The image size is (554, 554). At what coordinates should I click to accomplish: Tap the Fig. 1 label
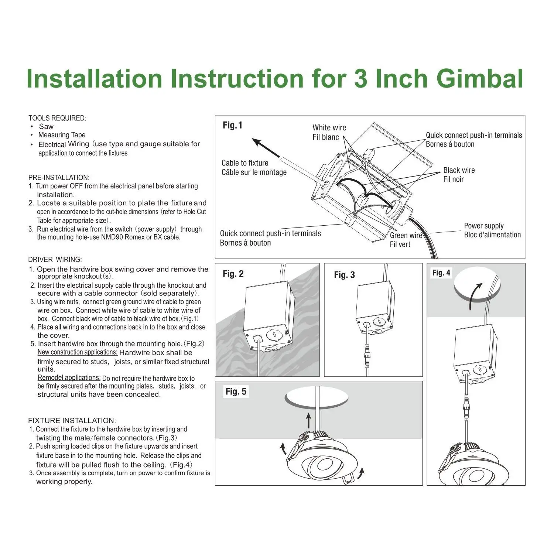(x=232, y=126)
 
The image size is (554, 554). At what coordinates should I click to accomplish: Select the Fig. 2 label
(x=233, y=274)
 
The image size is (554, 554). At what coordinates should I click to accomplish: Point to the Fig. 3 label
(x=344, y=275)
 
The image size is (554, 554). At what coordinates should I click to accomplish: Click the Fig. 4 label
(x=441, y=273)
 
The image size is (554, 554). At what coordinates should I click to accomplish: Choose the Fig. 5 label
(x=236, y=391)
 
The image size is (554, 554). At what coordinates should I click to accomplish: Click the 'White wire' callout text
(x=329, y=128)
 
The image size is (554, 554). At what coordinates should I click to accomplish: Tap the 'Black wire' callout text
(x=459, y=170)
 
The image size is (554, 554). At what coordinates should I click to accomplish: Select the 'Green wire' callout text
(x=406, y=236)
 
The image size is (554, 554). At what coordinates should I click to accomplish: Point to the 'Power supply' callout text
(x=483, y=226)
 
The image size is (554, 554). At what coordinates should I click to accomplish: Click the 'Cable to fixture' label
(x=245, y=163)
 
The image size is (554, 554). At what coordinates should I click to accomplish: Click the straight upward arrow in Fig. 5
(x=309, y=421)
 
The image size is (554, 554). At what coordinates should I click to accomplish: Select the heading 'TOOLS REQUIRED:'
(x=57, y=118)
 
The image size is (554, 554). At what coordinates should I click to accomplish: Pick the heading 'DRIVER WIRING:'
(x=55, y=260)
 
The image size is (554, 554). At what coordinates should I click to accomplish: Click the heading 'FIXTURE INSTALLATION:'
(x=72, y=421)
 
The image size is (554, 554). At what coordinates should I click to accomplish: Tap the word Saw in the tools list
(x=46, y=127)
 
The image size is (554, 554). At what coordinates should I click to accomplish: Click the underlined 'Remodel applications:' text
(x=69, y=378)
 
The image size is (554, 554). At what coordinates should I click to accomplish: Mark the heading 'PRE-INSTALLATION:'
(x=59, y=178)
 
